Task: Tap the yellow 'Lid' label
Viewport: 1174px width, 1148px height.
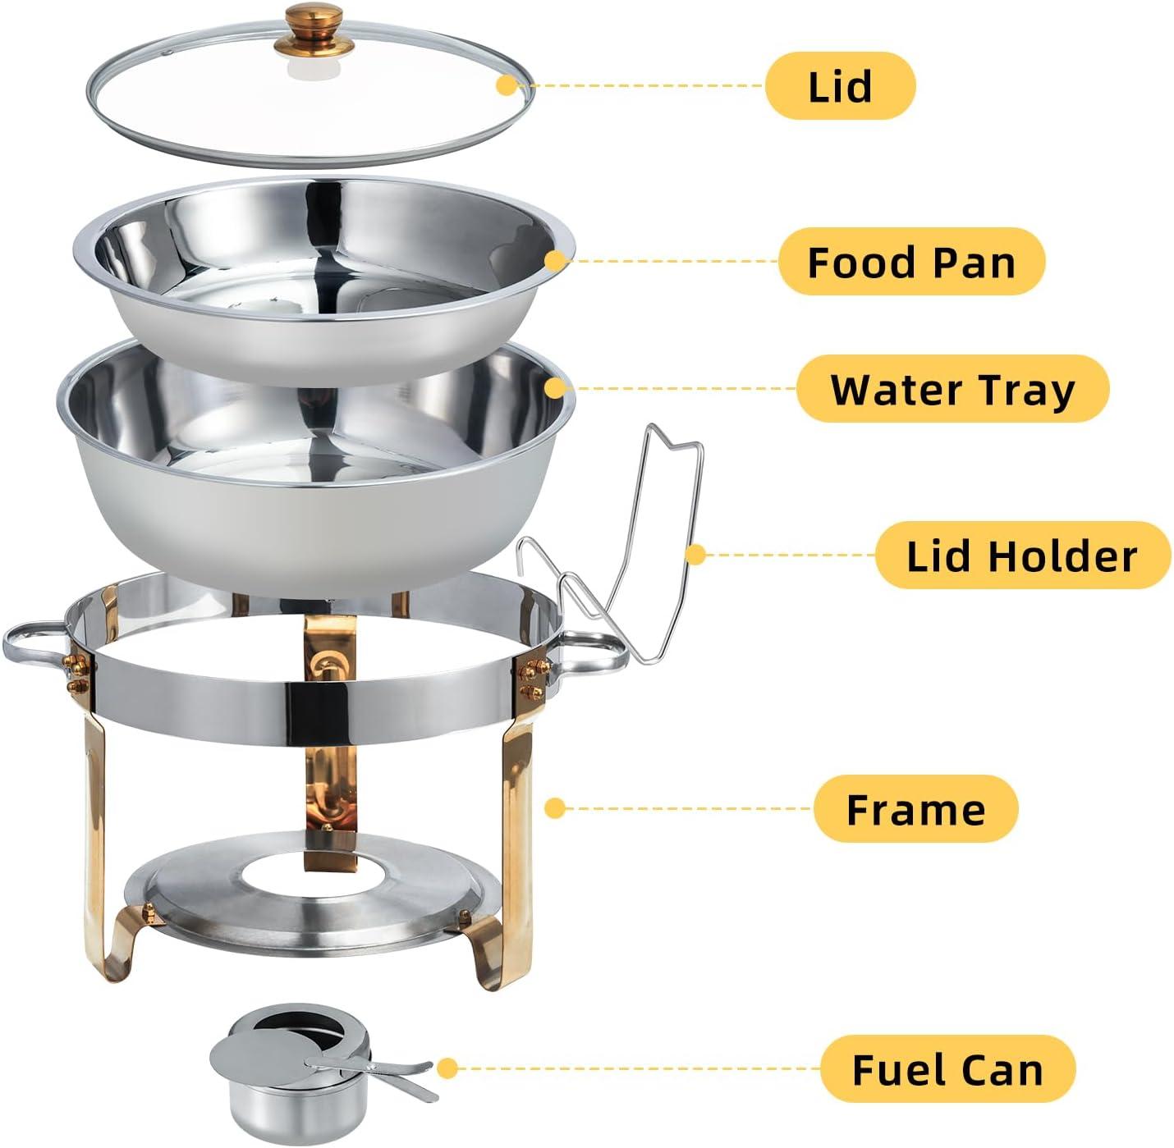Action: (840, 86)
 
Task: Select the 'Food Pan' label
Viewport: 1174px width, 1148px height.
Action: (911, 262)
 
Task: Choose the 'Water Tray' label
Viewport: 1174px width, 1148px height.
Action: (952, 389)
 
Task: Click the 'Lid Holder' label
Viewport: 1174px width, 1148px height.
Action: (1022, 556)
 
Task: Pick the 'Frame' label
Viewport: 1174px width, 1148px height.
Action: (915, 809)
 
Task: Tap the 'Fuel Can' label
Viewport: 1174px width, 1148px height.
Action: (947, 1069)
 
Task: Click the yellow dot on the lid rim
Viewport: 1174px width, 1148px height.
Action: (507, 85)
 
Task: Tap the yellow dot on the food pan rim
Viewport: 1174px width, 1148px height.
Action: (556, 261)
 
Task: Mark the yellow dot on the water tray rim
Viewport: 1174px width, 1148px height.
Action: (557, 388)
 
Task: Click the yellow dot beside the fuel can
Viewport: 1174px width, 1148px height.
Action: (447, 1068)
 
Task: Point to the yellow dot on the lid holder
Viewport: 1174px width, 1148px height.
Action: (695, 556)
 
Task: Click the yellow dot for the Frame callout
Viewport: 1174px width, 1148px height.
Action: (555, 808)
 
